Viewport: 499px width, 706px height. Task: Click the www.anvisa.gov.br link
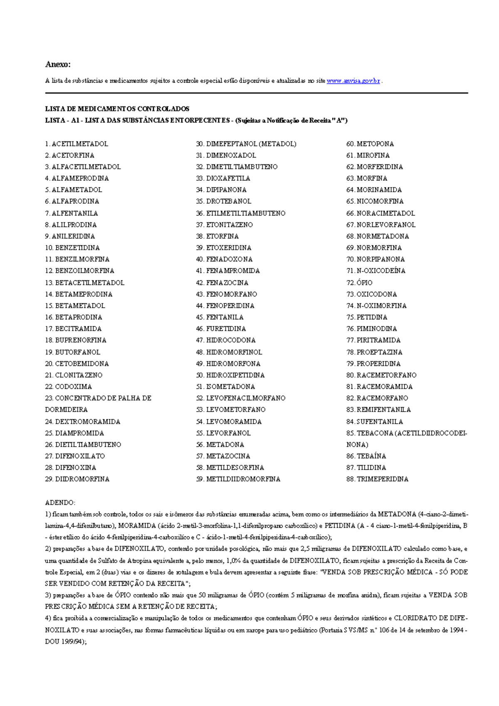point(353,81)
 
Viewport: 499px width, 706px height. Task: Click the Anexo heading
point(58,64)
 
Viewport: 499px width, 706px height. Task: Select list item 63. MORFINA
point(367,178)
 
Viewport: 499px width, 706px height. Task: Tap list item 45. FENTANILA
point(220,317)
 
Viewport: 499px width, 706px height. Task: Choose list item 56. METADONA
point(220,444)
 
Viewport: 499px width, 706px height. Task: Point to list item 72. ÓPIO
point(359,283)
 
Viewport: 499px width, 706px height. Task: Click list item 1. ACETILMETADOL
point(77,144)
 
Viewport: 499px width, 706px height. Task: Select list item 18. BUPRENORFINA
point(76,340)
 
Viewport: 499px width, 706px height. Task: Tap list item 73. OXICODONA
point(371,294)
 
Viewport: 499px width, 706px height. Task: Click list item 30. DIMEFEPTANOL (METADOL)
point(246,144)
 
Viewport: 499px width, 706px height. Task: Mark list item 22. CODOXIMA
point(68,387)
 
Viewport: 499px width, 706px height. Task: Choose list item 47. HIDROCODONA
point(226,340)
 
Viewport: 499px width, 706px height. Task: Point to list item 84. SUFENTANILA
point(374,422)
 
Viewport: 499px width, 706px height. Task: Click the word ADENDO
point(60,502)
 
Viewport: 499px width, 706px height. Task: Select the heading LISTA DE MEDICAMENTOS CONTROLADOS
point(117,109)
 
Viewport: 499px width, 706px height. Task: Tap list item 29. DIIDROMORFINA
point(77,479)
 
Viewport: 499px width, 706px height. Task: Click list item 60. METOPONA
point(370,144)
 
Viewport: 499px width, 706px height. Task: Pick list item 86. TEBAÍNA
point(366,456)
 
